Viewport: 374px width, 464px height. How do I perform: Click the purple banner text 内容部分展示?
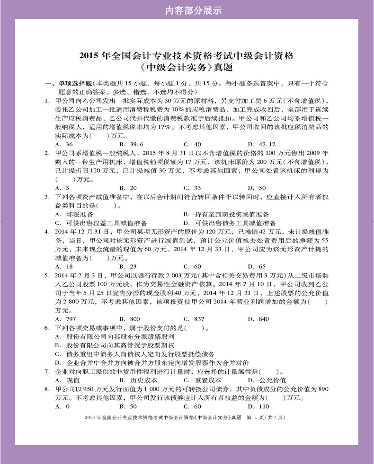tap(187, 10)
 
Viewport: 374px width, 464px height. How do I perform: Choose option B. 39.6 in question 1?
tap(131, 144)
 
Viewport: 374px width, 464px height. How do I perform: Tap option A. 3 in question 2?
tap(62, 187)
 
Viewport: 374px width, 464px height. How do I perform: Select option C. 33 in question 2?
tap(192, 187)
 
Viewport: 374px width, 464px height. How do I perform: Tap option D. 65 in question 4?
tap(257, 266)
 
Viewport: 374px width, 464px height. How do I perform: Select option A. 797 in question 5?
tap(66, 319)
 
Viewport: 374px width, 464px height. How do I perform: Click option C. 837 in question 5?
tap(194, 319)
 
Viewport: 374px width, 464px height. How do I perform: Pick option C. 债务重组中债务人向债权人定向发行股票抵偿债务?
tap(134, 354)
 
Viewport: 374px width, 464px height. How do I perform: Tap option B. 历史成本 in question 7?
tap(138, 380)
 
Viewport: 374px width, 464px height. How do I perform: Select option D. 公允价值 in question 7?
tap(267, 380)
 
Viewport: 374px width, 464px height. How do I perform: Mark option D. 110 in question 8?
tap(258, 406)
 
